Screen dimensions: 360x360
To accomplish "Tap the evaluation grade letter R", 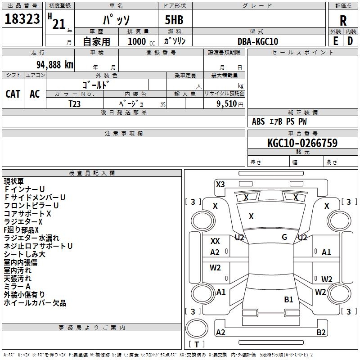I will (343, 21).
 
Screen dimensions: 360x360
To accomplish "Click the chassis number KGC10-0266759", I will (302, 143).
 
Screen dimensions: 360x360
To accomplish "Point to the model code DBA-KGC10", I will (258, 41).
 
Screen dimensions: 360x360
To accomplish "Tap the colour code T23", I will (75, 103).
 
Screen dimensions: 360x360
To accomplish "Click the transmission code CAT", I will (13, 94).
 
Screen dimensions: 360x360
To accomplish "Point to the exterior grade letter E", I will (335, 41).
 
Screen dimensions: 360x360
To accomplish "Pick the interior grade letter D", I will (350, 41).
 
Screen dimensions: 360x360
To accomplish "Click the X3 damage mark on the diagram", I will (220, 184).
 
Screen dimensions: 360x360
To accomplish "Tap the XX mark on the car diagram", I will (215, 241).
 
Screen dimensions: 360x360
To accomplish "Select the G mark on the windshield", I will (284, 237).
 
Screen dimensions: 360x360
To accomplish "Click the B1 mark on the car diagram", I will (288, 299).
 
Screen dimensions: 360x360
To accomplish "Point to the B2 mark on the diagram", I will (321, 333).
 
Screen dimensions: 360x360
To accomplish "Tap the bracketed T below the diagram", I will (197, 344).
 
